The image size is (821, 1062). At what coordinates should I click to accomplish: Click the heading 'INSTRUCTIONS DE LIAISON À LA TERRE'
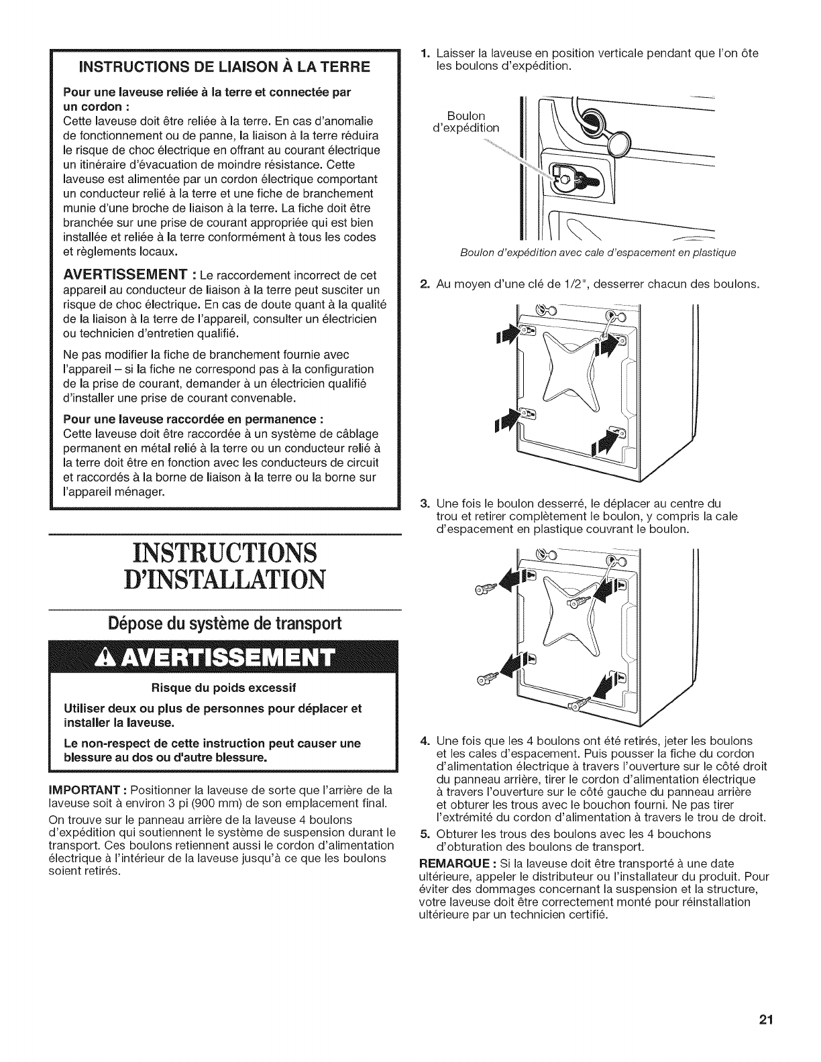point(225,67)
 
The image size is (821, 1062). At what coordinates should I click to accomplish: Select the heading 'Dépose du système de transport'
point(225,624)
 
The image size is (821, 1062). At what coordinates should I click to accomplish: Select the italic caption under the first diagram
point(598,253)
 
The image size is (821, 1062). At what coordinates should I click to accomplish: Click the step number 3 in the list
point(424,503)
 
